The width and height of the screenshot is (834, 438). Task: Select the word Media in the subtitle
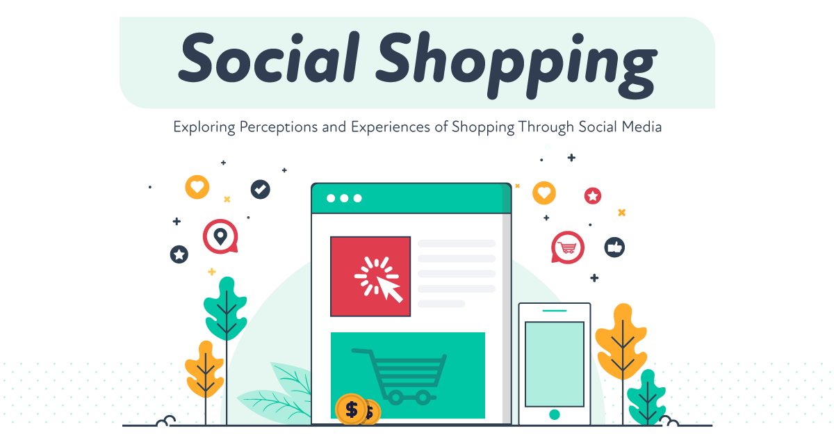click(639, 127)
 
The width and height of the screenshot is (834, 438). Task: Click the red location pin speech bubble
click(220, 236)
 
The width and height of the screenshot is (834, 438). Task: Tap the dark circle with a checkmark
click(261, 188)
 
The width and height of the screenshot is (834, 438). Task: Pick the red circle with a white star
click(593, 196)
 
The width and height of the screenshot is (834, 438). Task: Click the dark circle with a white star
click(179, 254)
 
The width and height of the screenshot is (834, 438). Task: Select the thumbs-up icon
click(614, 247)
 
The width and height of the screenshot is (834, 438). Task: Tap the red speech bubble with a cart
click(568, 247)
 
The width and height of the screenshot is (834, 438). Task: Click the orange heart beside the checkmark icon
click(197, 186)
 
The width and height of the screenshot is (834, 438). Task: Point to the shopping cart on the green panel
click(400, 375)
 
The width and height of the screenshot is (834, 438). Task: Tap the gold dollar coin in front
click(351, 409)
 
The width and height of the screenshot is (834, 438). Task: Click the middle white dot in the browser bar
click(344, 198)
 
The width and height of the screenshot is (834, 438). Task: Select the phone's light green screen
click(554, 364)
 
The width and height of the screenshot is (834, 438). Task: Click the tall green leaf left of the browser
click(225, 309)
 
